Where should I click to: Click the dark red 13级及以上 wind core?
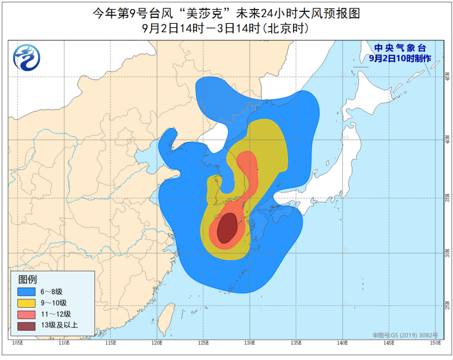pyautogui.click(x=225, y=228)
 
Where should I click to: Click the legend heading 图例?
pyautogui.click(x=28, y=279)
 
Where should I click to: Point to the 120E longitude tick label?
pyautogui.click(x=156, y=343)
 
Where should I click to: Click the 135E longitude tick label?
pyautogui.click(x=296, y=343)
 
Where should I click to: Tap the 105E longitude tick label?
pyautogui.click(x=17, y=343)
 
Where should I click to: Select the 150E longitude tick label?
pyautogui.click(x=435, y=343)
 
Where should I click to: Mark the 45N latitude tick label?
pyautogui.click(x=445, y=77)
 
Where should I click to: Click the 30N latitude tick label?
pyautogui.click(x=445, y=254)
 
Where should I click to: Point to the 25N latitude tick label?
pyautogui.click(x=445, y=305)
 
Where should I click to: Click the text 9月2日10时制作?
pyautogui.click(x=399, y=58)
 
